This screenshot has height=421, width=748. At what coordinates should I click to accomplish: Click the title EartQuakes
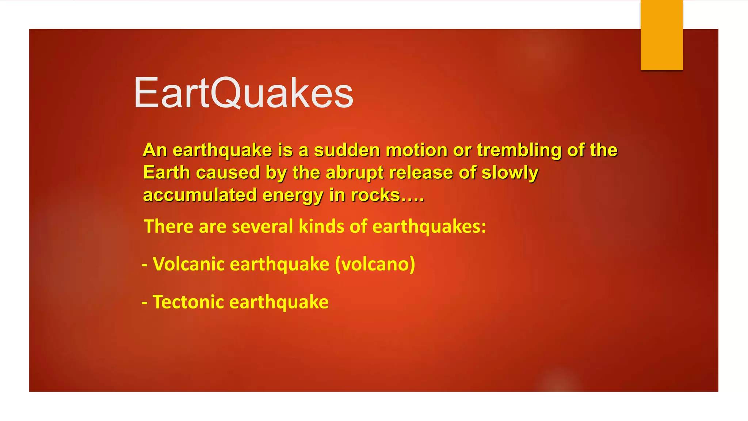243,93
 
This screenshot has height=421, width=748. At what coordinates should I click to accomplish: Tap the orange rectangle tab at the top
661,35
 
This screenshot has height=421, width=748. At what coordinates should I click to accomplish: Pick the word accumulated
200,195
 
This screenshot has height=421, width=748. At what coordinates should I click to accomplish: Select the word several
262,226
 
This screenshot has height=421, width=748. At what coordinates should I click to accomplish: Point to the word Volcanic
188,264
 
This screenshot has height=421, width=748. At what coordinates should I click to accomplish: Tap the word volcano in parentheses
375,264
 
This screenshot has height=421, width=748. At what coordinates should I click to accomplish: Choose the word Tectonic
188,302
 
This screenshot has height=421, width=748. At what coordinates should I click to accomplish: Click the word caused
228,173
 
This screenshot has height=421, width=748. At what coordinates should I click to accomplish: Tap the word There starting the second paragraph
168,226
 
